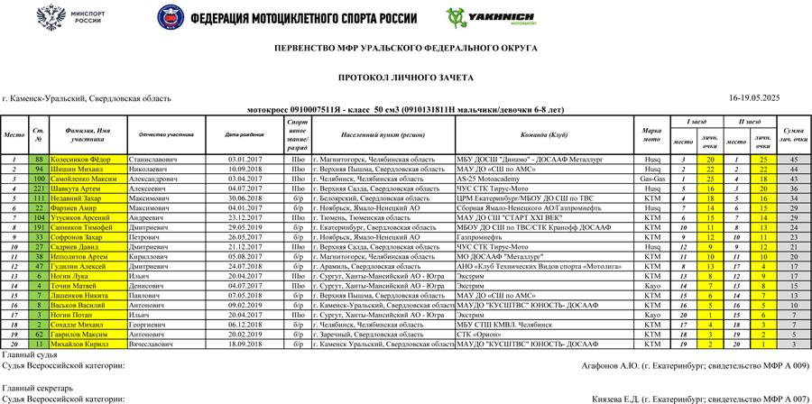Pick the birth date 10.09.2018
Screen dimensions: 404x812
point(245,169)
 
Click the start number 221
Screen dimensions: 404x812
point(39,188)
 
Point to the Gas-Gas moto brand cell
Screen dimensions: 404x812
point(651,179)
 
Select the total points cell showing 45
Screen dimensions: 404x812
point(793,160)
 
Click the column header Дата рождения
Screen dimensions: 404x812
point(245,135)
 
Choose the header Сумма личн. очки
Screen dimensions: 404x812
point(793,135)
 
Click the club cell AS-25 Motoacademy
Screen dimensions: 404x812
point(488,179)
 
